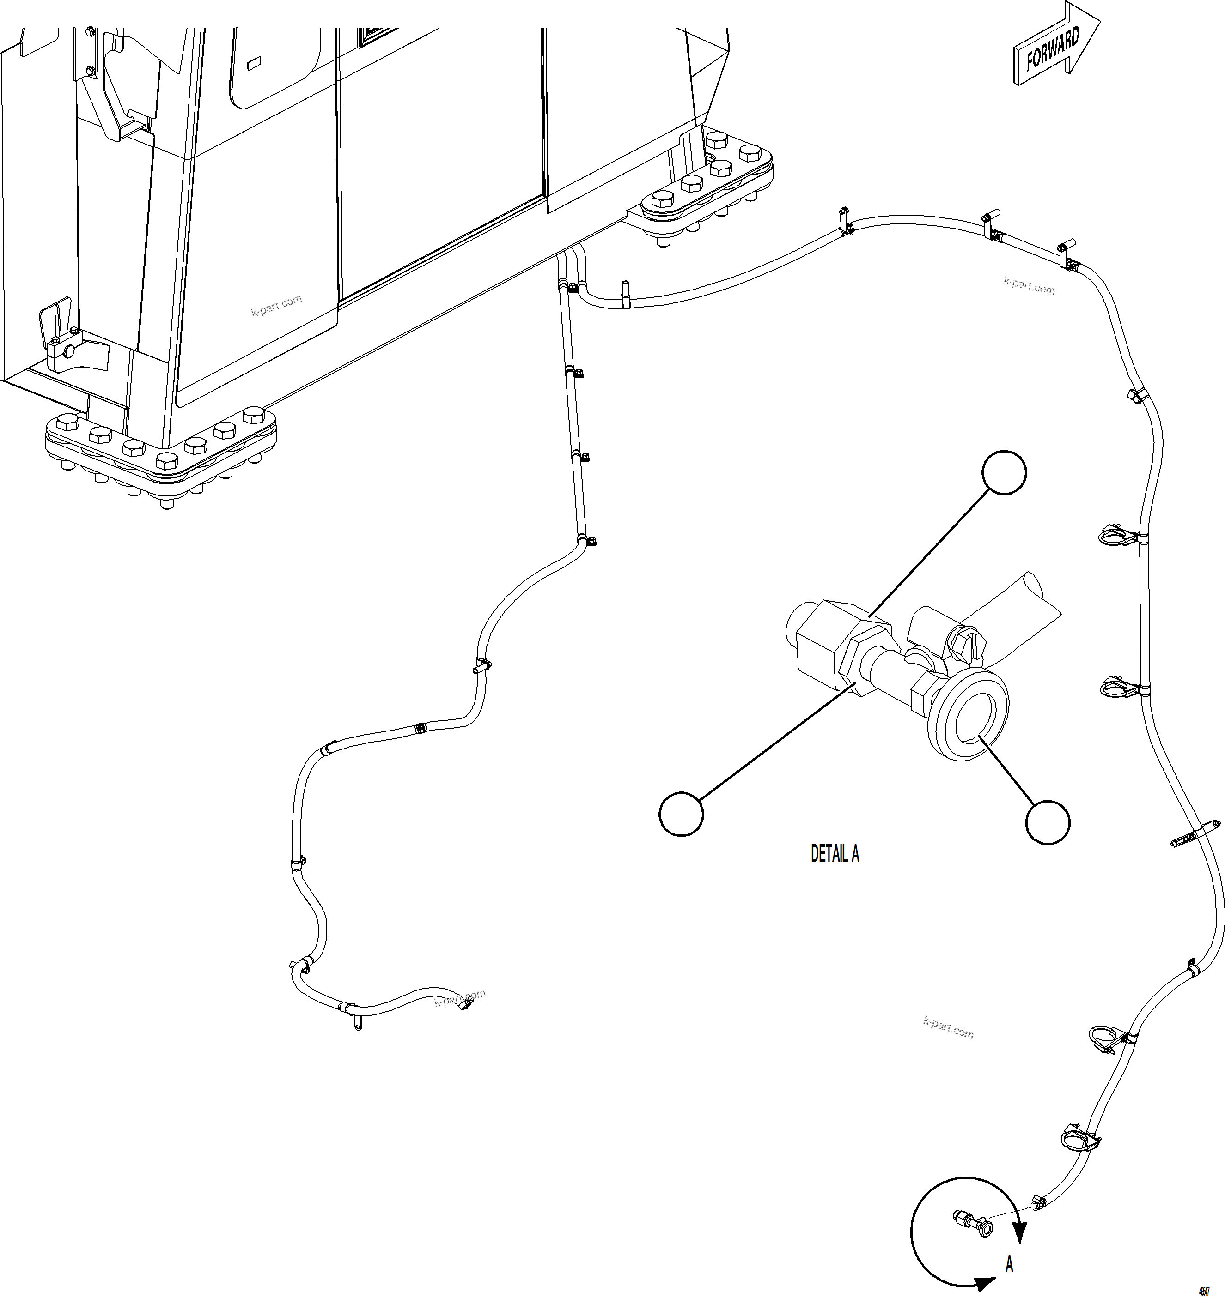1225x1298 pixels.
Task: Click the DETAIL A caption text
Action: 835,854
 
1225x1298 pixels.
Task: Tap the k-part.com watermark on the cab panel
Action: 276,305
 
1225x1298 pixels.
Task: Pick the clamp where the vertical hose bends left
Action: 587,541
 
